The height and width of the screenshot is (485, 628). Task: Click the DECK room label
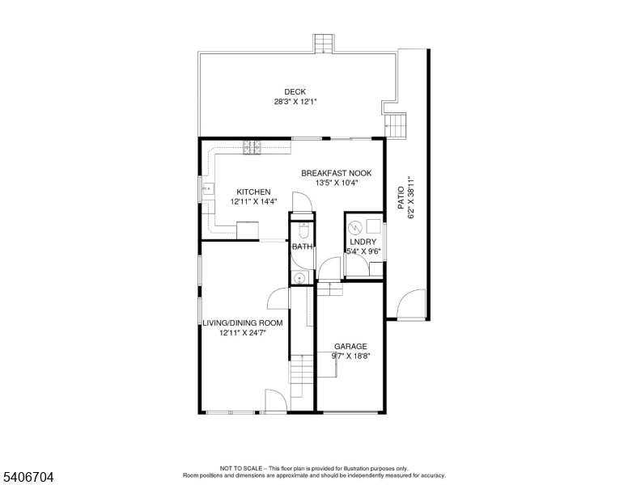point(295,91)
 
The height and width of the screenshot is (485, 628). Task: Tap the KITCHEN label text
point(253,192)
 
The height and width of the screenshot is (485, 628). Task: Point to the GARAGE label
point(350,346)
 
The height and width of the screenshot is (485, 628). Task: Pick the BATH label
point(302,247)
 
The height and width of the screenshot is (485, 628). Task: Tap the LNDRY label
point(363,242)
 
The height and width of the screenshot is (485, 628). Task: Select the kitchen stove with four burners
point(251,146)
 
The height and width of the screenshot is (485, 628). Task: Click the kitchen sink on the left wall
point(208,192)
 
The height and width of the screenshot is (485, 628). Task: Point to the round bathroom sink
point(300,277)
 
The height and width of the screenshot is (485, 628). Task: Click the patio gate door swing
point(411,304)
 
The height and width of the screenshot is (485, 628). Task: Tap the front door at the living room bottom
point(275,401)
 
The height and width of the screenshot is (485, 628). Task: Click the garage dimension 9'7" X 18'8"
point(350,356)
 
